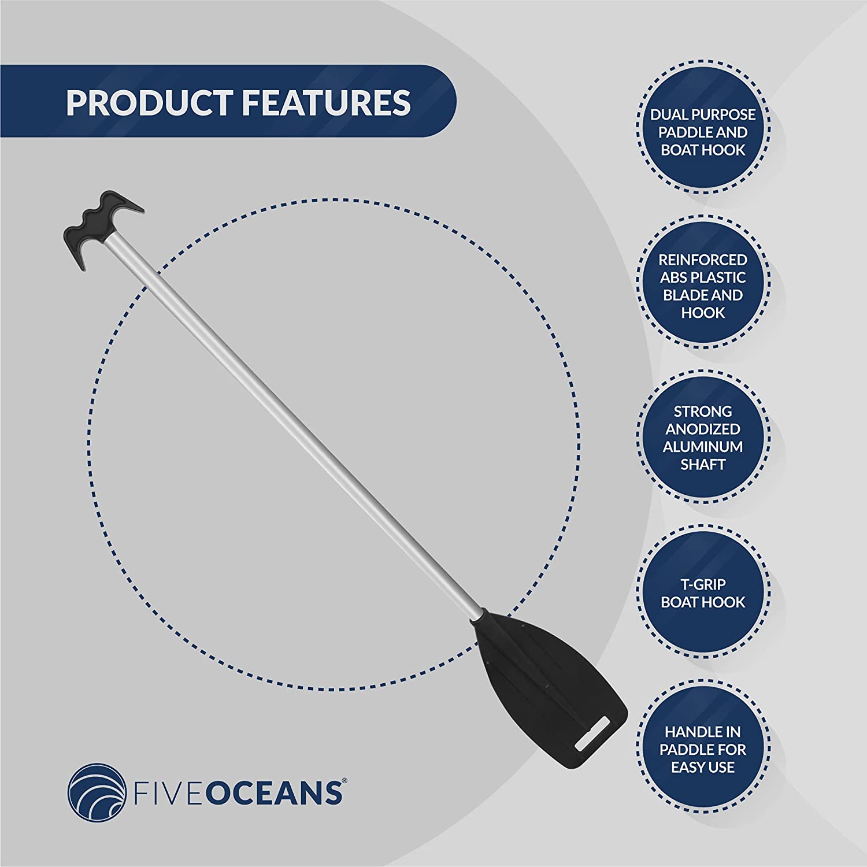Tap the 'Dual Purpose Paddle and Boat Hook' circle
[703, 132]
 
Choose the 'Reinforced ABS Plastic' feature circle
[703, 286]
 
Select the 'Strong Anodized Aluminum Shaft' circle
[703, 438]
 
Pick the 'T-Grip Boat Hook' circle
[703, 592]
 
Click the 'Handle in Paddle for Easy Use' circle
[703, 750]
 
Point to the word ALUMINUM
[703, 447]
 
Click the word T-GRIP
[703, 584]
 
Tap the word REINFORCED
[703, 260]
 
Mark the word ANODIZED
[703, 429]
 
